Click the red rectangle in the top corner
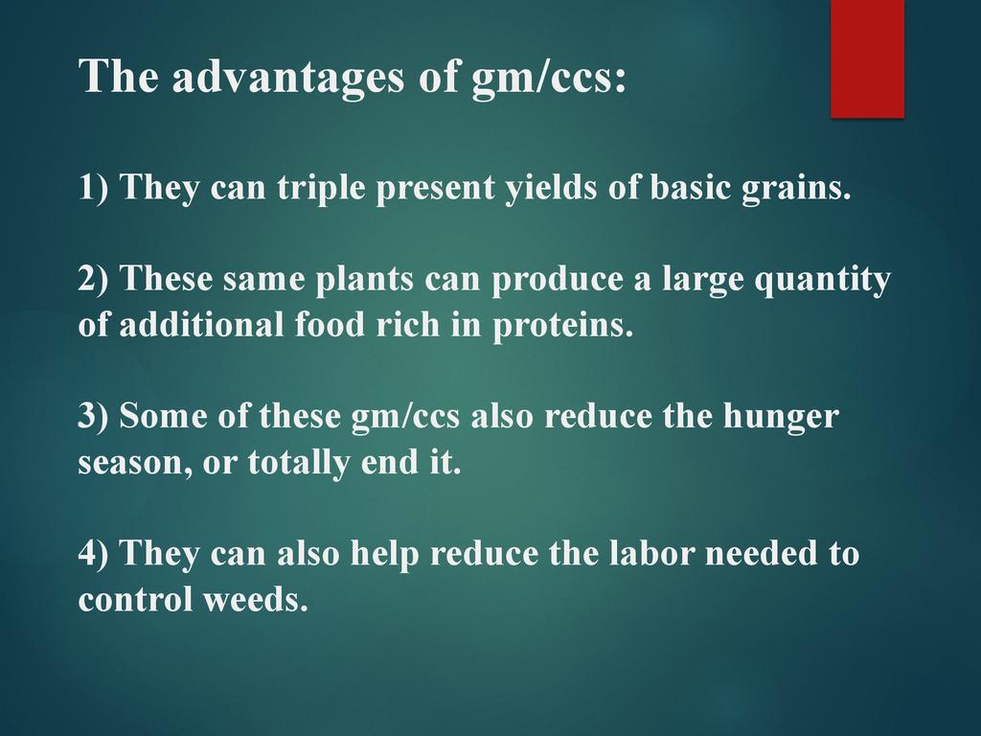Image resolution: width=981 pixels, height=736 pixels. [x=867, y=58]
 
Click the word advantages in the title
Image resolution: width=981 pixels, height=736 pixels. [x=288, y=78]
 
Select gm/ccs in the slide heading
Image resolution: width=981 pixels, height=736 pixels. [x=549, y=78]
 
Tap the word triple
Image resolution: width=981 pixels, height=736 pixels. [x=321, y=188]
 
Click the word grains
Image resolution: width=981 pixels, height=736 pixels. [x=796, y=188]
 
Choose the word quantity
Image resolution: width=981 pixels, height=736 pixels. [x=823, y=280]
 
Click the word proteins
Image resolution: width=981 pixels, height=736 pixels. [x=563, y=326]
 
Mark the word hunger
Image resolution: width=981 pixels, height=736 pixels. [x=781, y=416]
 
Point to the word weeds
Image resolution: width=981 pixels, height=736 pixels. [x=256, y=599]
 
